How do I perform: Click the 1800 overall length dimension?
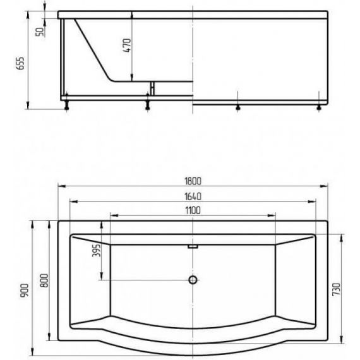pos(193,181)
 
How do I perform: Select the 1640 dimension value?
pos(193,197)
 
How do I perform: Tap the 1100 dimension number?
pos(193,210)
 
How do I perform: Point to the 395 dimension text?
pos(97,250)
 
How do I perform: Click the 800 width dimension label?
pos(44,280)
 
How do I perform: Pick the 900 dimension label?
pos(25,291)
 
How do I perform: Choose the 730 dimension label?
pos(337,289)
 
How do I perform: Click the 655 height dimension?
pos(20,63)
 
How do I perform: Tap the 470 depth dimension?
pos(127,45)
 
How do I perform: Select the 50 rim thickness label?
pos(40,32)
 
